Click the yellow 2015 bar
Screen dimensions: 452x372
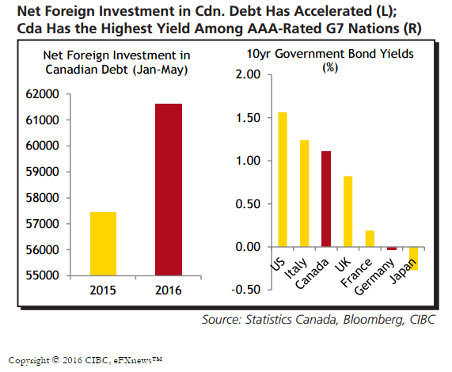[103, 244]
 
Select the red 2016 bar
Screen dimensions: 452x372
[169, 190]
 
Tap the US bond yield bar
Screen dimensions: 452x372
[283, 180]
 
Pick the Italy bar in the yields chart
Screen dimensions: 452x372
[305, 193]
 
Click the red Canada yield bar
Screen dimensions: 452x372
[326, 199]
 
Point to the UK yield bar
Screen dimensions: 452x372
[348, 211]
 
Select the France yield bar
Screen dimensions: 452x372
[370, 238]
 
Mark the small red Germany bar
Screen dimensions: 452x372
[392, 249]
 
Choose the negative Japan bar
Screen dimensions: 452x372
[414, 259]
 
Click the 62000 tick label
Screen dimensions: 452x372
[42, 94]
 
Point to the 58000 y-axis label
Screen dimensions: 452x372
[42, 198]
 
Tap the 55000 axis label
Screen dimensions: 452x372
[42, 275]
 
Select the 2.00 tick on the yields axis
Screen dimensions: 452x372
[248, 74]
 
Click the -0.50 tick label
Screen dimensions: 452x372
[246, 290]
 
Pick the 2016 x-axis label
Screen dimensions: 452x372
[169, 290]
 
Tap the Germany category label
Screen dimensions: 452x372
[374, 276]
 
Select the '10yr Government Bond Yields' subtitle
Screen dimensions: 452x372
[330, 54]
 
